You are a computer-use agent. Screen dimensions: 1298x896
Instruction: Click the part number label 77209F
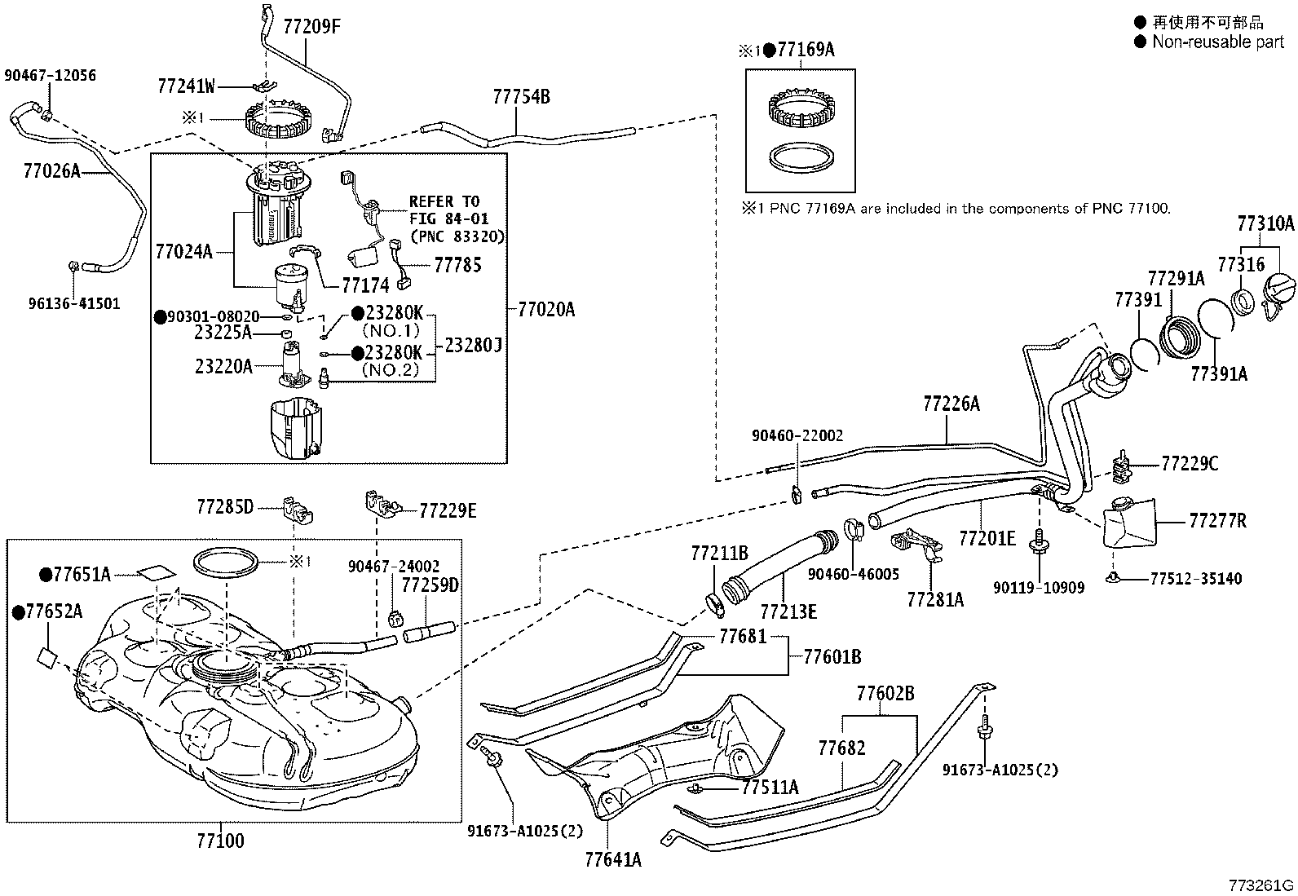tap(311, 26)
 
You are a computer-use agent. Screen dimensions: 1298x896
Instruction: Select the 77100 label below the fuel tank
tap(220, 841)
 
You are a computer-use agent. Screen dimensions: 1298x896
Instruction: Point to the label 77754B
tap(522, 96)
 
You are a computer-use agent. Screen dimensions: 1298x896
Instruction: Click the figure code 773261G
tap(1261, 885)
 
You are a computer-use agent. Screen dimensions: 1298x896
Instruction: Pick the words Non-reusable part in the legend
tap(1218, 42)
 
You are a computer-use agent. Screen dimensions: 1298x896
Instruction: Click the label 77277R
tap(1217, 520)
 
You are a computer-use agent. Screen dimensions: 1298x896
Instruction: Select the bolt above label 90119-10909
tap(1039, 541)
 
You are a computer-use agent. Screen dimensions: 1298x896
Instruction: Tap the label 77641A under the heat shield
tap(613, 859)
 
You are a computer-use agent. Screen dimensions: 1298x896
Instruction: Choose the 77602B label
tap(885, 692)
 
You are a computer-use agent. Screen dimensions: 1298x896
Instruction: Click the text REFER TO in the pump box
tap(444, 201)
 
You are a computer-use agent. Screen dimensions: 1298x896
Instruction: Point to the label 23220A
tap(223, 366)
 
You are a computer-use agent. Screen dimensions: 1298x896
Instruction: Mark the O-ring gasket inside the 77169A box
tap(802, 157)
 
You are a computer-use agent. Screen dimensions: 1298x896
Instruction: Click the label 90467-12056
tap(51, 75)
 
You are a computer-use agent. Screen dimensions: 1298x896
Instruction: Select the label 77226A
tap(951, 404)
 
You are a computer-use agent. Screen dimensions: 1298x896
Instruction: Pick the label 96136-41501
tap(74, 303)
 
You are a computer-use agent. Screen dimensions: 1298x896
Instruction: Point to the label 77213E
tap(788, 611)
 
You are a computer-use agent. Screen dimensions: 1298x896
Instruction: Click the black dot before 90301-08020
tap(160, 317)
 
